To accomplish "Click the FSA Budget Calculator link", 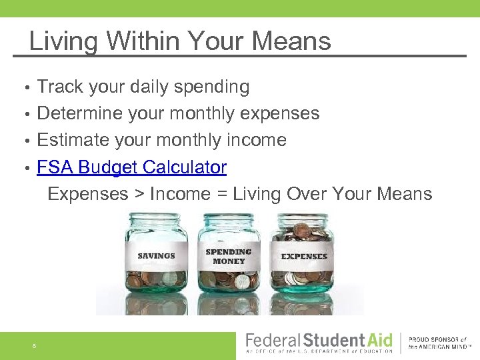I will [132, 167].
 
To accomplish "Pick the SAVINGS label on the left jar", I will [156, 256].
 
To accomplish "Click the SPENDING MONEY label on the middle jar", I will [229, 257].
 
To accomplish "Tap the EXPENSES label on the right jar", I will [304, 256].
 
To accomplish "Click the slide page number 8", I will [33, 345].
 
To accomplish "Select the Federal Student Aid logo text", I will [320, 340].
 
